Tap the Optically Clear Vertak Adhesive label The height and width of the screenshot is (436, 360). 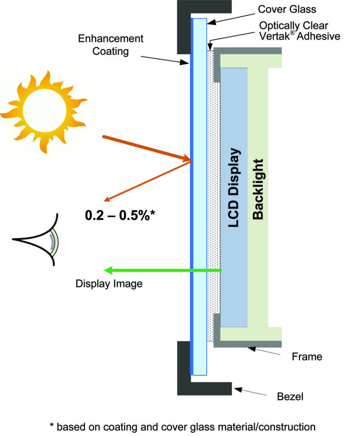(x=300, y=31)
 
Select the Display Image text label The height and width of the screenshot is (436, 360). (x=109, y=284)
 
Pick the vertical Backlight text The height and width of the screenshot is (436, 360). (x=258, y=189)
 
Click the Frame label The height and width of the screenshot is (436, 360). (x=307, y=356)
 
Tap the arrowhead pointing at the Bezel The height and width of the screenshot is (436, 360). (x=237, y=389)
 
